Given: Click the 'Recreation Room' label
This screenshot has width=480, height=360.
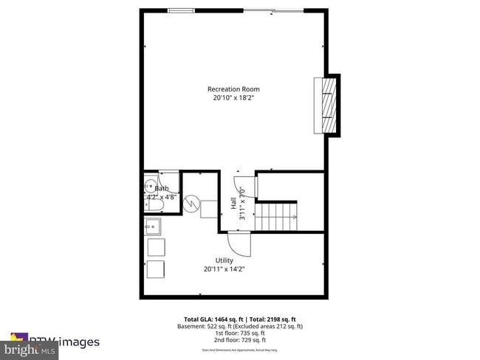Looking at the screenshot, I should [233, 89].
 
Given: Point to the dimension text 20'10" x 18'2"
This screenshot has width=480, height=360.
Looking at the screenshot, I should [233, 98].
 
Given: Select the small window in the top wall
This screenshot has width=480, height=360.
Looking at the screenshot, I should [181, 10].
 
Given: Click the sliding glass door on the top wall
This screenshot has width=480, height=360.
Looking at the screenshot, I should [274, 10].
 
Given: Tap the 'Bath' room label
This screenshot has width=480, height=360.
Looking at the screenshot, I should [162, 189].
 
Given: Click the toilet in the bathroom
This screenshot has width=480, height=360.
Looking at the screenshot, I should [150, 205].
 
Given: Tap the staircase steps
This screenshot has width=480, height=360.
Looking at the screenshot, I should [276, 218].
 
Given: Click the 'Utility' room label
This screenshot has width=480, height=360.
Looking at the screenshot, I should [224, 260].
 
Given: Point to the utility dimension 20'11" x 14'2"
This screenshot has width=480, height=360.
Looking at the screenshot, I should [224, 269].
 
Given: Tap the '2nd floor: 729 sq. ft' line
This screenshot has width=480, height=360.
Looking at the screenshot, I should [239, 341].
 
